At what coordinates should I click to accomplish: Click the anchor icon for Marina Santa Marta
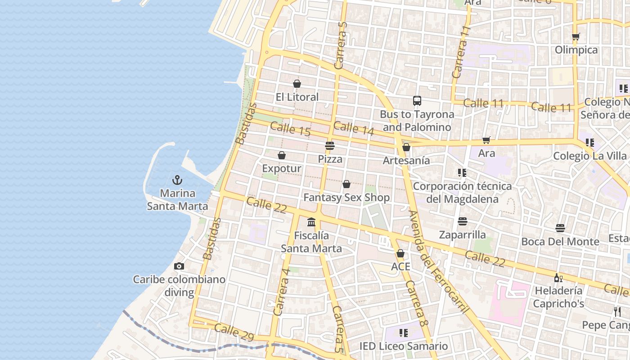click(x=177, y=180)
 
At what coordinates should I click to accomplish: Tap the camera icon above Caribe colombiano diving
click(x=179, y=266)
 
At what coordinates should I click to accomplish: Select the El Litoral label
click(x=297, y=97)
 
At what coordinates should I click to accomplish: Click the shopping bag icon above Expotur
click(x=282, y=155)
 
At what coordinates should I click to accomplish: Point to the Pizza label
click(x=330, y=159)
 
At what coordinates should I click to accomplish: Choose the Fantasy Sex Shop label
click(x=346, y=197)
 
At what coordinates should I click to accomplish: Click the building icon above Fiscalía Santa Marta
click(x=311, y=222)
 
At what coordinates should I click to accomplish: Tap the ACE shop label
click(x=400, y=266)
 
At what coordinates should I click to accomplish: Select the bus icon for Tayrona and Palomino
click(x=417, y=101)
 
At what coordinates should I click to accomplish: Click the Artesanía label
click(x=406, y=160)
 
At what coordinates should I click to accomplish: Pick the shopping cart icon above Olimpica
click(x=576, y=37)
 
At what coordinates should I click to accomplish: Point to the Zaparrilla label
click(x=463, y=234)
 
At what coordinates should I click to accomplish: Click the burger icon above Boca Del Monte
click(x=560, y=228)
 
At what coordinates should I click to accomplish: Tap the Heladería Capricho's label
click(x=558, y=297)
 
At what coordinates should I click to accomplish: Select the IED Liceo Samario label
click(x=404, y=346)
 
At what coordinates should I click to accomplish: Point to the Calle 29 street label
click(x=234, y=333)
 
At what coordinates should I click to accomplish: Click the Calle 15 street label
click(x=290, y=130)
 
